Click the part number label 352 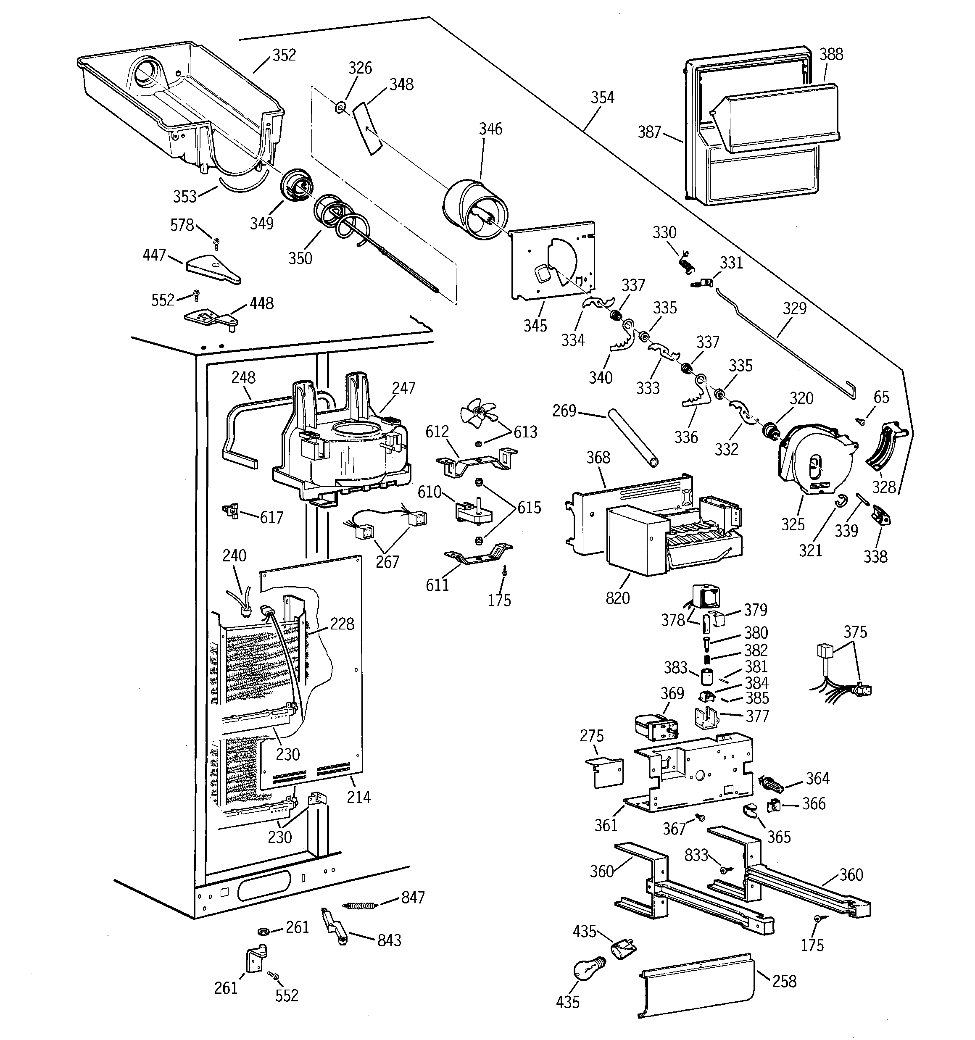284,55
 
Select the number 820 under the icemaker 617,598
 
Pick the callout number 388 831,54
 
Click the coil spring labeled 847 360,906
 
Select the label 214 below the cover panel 358,797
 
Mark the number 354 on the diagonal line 602,97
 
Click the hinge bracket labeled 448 212,318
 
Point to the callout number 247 403,388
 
